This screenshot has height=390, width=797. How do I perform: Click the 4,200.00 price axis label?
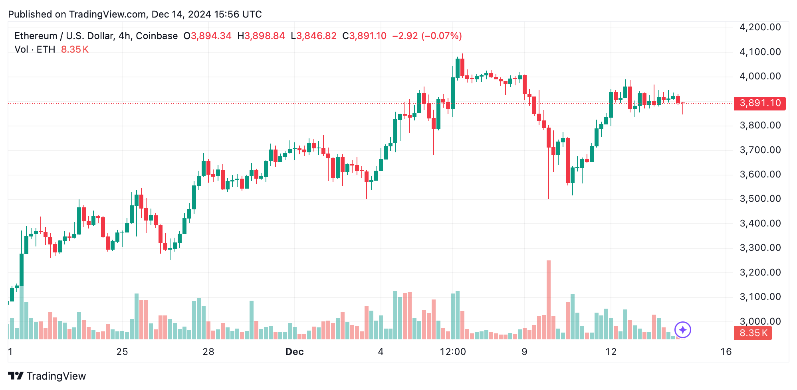point(760,27)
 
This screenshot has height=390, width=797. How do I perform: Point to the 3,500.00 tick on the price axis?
point(760,199)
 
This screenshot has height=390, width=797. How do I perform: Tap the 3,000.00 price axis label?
point(760,321)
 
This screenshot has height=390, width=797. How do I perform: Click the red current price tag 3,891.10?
point(759,103)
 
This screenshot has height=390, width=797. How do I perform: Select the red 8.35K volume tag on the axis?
point(753,333)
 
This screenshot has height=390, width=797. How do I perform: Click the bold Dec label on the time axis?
point(294,352)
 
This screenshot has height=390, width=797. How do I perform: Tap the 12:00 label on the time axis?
point(453,352)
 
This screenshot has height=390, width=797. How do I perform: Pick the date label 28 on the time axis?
point(208,352)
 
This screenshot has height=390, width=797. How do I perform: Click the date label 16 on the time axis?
point(726,352)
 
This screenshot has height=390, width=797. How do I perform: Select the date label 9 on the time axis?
point(524,352)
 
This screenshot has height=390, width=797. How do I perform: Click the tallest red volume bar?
point(549,299)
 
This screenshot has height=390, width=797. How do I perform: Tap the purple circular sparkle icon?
point(683,330)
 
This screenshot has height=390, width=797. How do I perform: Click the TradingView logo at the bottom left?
point(47,376)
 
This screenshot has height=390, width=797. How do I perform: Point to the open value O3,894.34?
point(208,36)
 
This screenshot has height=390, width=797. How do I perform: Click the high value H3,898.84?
point(261,36)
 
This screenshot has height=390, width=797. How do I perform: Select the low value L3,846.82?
point(314,36)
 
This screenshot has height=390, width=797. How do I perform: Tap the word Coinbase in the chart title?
point(157,36)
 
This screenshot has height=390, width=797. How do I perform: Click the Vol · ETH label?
point(35,49)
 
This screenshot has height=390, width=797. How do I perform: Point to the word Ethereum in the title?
point(36,36)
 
